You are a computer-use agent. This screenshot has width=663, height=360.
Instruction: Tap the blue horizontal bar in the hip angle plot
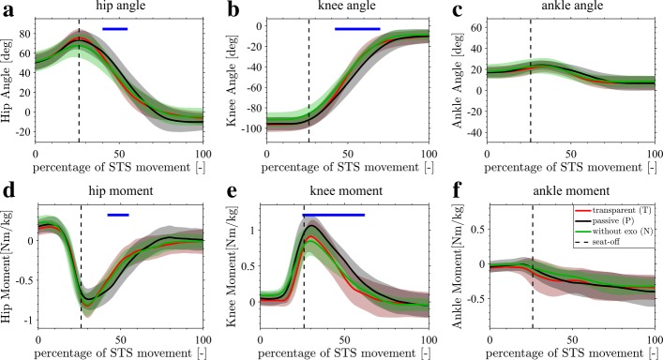pyautogui.click(x=114, y=29)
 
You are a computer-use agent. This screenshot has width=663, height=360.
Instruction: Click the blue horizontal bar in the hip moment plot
pyautogui.click(x=117, y=216)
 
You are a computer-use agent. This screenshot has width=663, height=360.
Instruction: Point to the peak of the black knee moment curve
pyautogui.click(x=312, y=226)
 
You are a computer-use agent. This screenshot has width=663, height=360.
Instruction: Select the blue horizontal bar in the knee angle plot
pyautogui.click(x=357, y=29)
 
